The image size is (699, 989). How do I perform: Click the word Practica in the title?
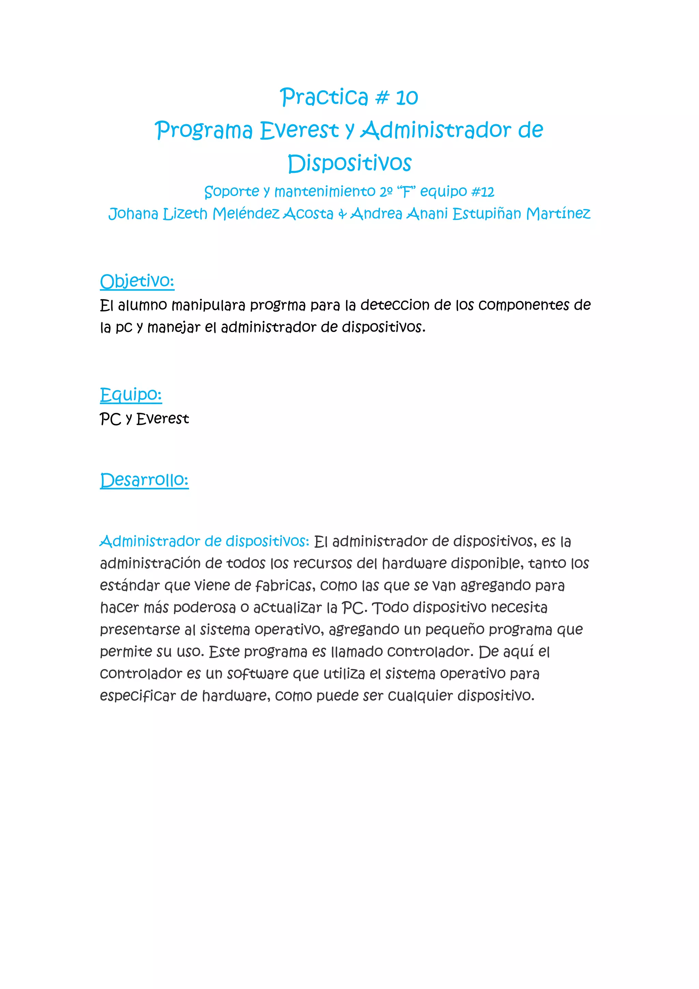point(324,97)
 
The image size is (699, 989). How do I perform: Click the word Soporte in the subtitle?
point(231,191)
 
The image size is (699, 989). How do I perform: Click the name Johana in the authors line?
point(133,214)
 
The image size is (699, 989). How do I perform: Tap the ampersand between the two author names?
point(342,214)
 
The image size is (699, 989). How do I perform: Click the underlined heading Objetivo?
point(137,282)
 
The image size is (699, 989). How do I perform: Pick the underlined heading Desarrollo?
point(144,480)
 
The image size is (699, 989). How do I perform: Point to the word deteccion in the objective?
point(395,305)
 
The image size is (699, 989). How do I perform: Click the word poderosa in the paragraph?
point(204,608)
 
